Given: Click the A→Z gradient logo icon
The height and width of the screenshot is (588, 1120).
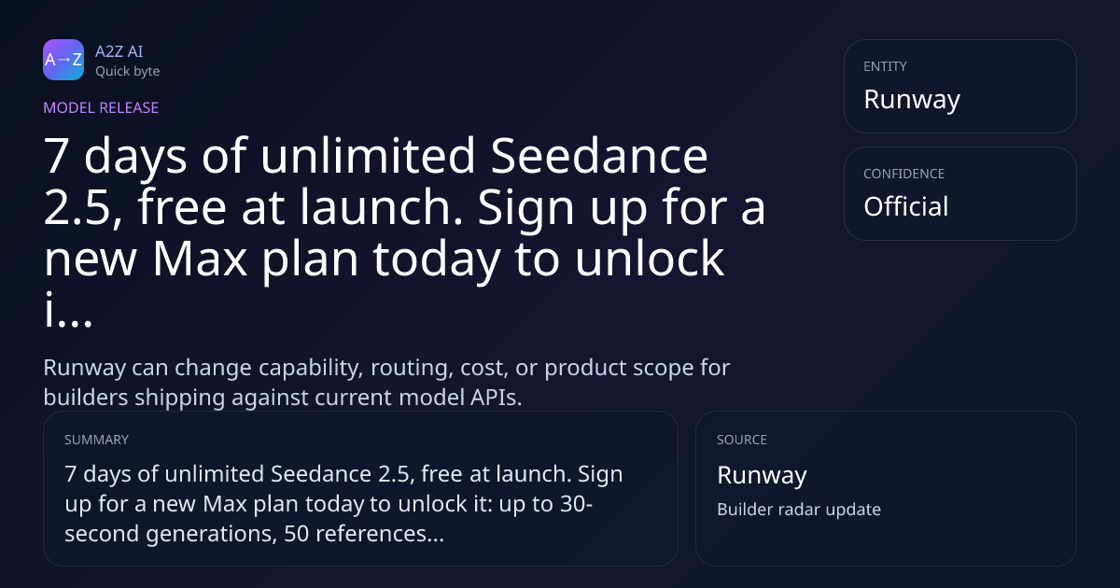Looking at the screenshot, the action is (63, 60).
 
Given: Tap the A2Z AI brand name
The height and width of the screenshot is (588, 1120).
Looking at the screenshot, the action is (119, 51).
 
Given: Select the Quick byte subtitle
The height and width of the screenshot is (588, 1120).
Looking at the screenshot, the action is (128, 72).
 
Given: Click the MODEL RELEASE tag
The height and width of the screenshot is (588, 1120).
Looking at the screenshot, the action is (101, 107).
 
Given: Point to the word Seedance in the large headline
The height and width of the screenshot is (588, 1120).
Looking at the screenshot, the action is (599, 156).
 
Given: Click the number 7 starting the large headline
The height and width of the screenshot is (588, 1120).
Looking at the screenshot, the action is (56, 156).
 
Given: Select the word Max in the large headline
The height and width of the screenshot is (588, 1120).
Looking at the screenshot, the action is (200, 258).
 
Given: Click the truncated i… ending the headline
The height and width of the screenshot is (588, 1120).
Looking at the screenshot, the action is (68, 309).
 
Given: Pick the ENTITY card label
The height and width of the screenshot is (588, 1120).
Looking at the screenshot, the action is (885, 66).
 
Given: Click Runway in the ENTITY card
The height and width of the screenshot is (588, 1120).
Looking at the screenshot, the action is (912, 100).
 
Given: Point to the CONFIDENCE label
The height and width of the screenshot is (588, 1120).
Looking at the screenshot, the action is (904, 174).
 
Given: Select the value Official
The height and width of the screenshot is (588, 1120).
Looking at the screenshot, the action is (906, 206).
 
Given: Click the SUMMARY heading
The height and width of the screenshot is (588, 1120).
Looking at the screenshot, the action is (96, 440).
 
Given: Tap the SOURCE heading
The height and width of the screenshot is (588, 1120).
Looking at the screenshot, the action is (742, 440).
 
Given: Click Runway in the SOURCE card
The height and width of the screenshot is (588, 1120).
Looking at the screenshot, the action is (762, 475).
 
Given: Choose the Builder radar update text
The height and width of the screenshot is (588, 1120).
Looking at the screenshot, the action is (799, 510).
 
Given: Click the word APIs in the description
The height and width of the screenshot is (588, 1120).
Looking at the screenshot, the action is (495, 398).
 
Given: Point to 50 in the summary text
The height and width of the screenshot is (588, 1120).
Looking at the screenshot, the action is (297, 534).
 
